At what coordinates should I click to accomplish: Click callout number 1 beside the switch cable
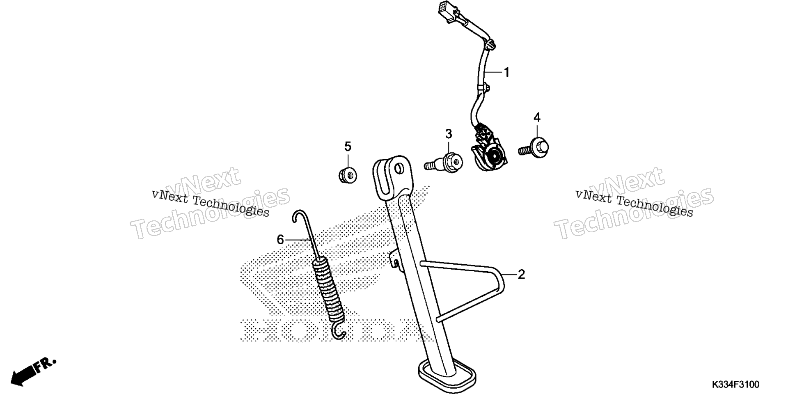coord(507,73)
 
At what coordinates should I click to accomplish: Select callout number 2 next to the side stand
coord(521,274)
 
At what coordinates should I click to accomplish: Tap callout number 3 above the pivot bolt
coord(449,134)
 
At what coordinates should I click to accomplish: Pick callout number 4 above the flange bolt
coord(537,118)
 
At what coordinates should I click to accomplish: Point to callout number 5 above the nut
coord(348,146)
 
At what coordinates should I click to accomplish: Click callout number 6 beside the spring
coord(280,240)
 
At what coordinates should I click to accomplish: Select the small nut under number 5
coord(348,175)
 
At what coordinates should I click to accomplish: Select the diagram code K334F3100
coord(735,385)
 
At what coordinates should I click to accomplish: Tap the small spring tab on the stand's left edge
coord(395,259)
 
